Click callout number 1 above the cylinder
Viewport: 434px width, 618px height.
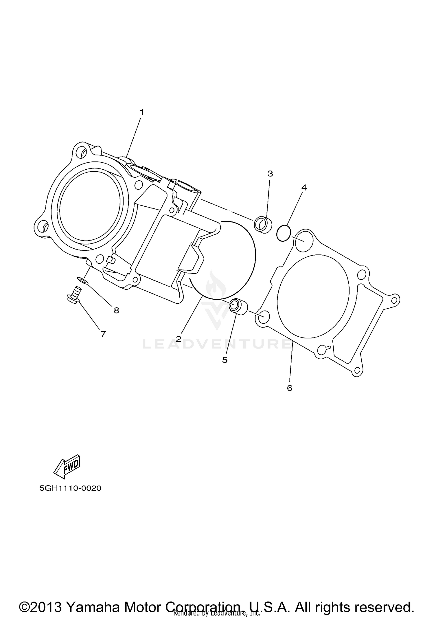point(142,112)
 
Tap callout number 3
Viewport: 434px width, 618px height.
point(270,174)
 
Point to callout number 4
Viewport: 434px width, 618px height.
point(304,188)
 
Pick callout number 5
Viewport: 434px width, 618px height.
point(225,360)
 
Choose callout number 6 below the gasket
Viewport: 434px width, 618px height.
point(290,388)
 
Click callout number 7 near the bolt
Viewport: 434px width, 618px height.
point(103,334)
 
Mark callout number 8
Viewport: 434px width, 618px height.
point(116,310)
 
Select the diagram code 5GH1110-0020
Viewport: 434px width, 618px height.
point(70,488)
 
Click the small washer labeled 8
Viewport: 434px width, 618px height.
point(82,280)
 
